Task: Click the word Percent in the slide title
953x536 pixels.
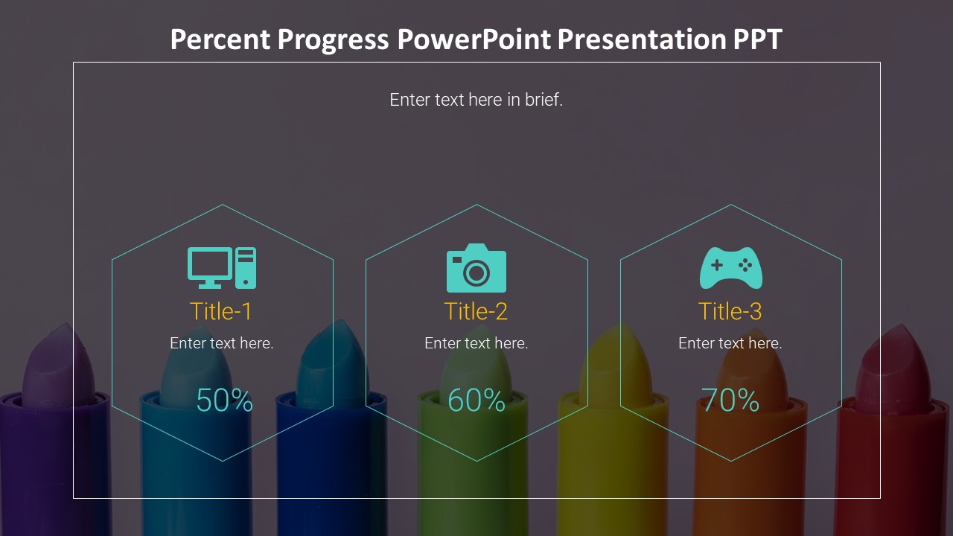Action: pos(220,39)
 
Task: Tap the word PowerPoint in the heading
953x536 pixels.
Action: pos(474,39)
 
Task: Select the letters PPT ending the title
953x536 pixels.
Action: pos(757,39)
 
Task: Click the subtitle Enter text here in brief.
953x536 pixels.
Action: pos(476,100)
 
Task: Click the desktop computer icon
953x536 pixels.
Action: pos(222,268)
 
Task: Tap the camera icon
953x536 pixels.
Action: pos(476,268)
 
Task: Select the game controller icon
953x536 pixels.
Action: pos(731,268)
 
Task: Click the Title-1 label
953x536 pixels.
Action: pos(221,311)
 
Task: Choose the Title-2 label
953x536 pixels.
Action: pos(476,311)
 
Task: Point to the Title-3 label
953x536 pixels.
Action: pos(730,311)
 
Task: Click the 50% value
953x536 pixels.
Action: pos(225,400)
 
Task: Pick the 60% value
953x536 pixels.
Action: pos(476,400)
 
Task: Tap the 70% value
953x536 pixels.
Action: pos(730,400)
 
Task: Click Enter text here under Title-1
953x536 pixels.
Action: pos(222,343)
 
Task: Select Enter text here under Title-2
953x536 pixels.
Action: pos(476,343)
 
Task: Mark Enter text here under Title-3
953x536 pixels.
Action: pos(730,343)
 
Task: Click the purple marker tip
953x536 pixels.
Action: pos(60,362)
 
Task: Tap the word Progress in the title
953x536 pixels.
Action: pos(333,39)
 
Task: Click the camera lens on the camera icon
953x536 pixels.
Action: pos(476,272)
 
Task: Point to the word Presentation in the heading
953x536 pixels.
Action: pos(642,39)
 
